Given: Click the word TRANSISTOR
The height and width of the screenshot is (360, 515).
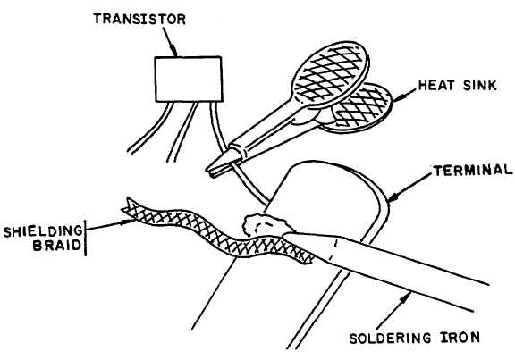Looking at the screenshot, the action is tap(139, 19).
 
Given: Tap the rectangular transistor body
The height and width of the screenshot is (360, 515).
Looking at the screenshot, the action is tap(189, 80).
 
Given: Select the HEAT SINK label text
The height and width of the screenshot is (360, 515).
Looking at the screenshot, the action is tap(457, 86).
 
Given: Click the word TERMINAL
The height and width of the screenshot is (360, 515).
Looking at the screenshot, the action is tap(473, 171).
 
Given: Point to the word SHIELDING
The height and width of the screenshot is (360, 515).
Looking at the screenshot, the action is tap(43, 231).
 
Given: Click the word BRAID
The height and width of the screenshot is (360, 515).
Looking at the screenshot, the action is tap(57, 245).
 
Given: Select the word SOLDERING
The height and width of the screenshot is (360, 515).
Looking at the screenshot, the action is tap(390, 339).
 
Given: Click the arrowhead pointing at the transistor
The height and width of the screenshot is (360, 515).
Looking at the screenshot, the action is tap(174, 53).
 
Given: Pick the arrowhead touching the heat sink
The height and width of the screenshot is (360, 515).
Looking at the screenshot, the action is tap(397, 97).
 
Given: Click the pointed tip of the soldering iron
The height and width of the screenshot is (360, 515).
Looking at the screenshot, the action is tap(284, 235).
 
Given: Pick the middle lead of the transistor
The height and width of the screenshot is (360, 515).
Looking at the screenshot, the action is tap(182, 132).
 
